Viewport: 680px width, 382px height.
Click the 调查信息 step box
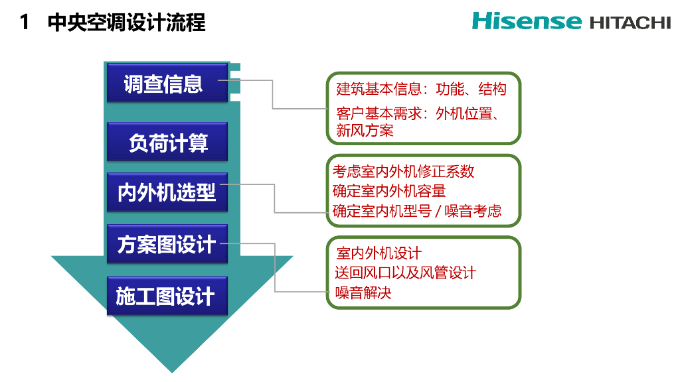[x=167, y=84]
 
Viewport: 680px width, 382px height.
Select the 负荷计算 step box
[x=167, y=142]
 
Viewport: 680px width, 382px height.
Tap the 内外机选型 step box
[x=167, y=192]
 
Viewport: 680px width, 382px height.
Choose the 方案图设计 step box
[x=167, y=244]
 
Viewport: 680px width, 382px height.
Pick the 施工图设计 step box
[x=167, y=296]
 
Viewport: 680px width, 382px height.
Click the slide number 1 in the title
[x=25, y=23]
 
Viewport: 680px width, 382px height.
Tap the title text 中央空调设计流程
[x=127, y=23]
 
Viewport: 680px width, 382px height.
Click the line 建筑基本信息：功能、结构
[x=421, y=89]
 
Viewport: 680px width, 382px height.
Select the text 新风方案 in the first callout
[x=365, y=131]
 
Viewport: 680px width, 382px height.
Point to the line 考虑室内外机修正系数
[x=404, y=171]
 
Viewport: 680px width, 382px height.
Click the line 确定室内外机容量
[x=389, y=191]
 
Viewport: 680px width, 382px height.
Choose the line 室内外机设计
[x=379, y=253]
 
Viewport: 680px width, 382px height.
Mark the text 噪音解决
[x=364, y=292]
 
